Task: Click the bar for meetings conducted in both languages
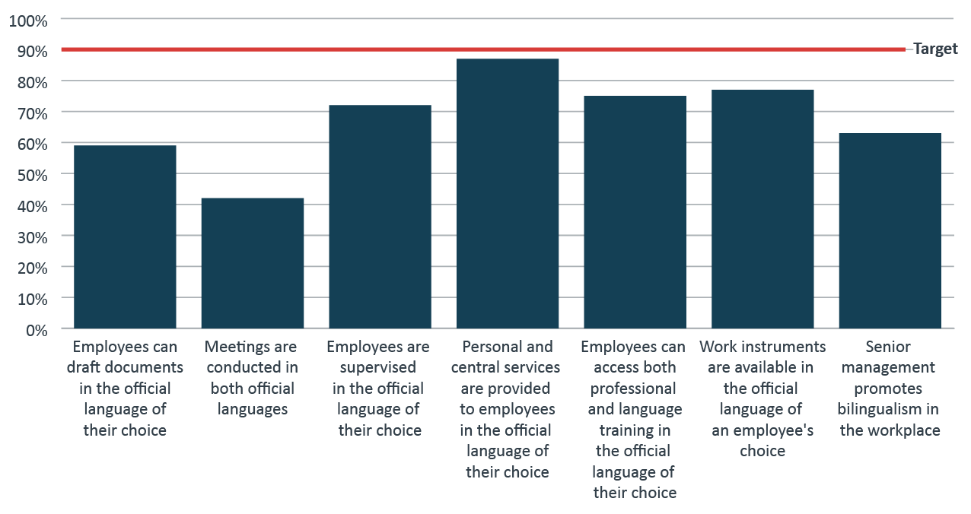click(253, 263)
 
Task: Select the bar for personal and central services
click(508, 194)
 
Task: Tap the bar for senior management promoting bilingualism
click(890, 231)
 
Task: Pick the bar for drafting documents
click(125, 237)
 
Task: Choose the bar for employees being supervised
click(380, 217)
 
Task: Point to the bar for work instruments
click(762, 209)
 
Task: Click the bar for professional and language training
click(635, 212)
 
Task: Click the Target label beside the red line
click(935, 49)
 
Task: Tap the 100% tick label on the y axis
click(28, 21)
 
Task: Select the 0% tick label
click(35, 330)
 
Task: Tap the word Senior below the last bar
click(888, 347)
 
